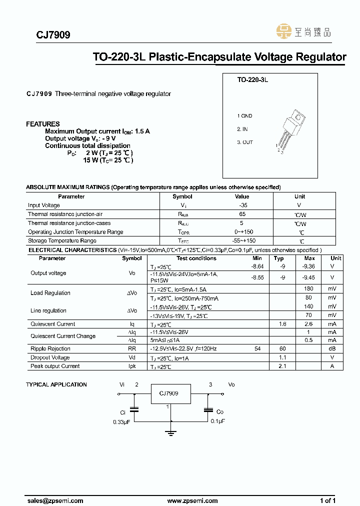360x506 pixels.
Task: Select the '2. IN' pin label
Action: [243, 129]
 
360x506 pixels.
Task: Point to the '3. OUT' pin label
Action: [245, 142]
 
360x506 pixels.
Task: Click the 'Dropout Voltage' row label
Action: [50, 357]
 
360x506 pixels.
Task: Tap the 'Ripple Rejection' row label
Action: [50, 349]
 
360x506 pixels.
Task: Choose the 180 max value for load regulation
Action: [309, 289]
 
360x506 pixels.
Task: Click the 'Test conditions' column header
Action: [196, 258]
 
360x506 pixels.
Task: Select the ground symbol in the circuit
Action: [171, 432]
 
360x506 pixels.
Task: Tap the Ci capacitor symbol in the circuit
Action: [134, 409]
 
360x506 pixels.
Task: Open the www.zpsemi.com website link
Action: [192, 500]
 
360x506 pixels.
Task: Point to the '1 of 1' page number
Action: [327, 500]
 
